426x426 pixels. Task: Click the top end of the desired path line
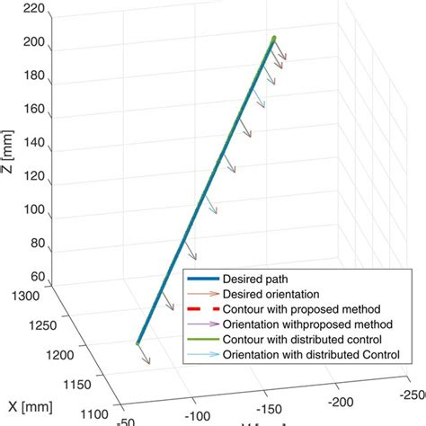[x=273, y=38]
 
